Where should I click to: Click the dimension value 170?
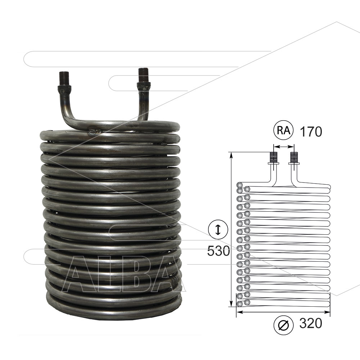click(311, 131)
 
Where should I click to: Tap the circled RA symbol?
click(284, 130)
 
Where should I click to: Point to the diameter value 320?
click(311, 324)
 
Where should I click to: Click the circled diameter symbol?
click(284, 325)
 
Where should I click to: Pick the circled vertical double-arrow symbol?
click(218, 230)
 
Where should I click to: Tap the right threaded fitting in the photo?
click(144, 80)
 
